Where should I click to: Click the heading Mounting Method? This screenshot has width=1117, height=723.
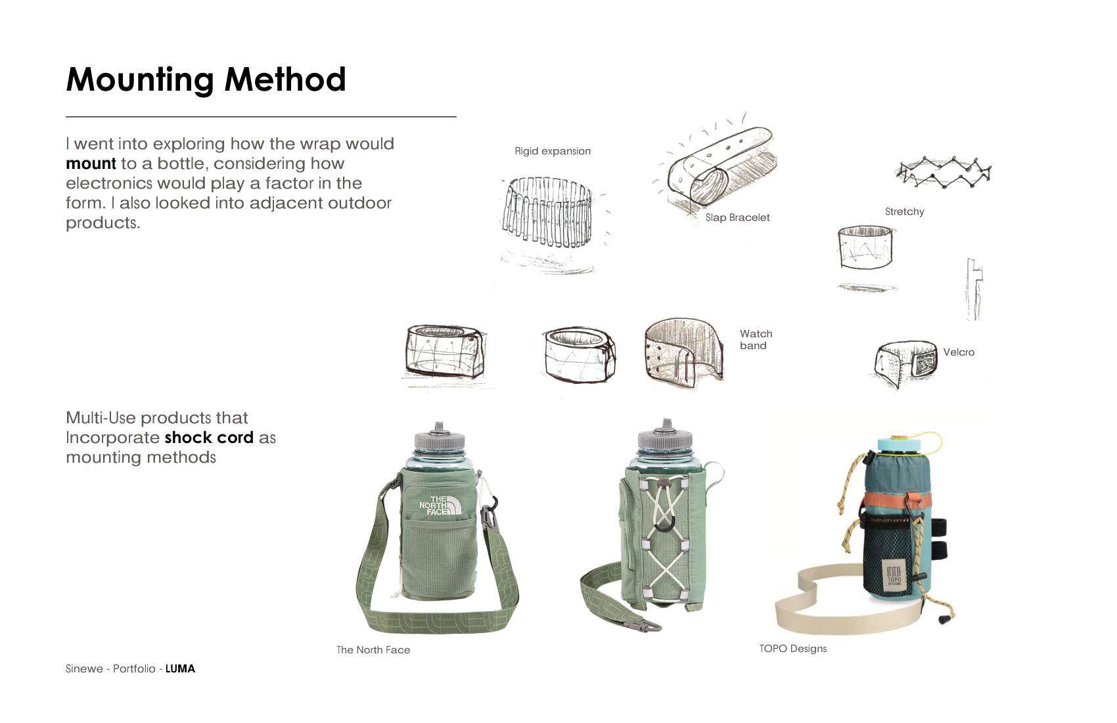[x=206, y=80]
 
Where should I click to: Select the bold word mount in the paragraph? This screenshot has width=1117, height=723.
[x=91, y=164]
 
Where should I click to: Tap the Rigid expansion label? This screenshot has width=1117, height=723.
[x=553, y=151]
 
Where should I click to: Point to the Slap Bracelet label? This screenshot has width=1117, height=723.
[x=737, y=218]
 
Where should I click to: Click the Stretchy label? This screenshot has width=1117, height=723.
[x=904, y=212]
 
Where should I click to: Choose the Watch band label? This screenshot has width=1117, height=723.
[x=756, y=340]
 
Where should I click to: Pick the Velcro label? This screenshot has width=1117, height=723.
[x=959, y=352]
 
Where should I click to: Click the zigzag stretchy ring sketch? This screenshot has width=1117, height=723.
[x=943, y=172]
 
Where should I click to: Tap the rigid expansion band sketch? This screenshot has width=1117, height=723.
[x=547, y=212]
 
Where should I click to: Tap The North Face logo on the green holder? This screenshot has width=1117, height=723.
[x=440, y=505]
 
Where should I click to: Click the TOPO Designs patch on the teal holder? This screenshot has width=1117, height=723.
[x=894, y=575]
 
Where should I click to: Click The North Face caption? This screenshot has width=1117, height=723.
[x=373, y=650]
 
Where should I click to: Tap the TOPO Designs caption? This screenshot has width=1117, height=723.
[x=793, y=649]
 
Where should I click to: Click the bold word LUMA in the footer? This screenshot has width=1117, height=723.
[x=180, y=668]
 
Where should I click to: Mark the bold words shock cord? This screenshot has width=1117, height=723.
[x=209, y=438]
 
